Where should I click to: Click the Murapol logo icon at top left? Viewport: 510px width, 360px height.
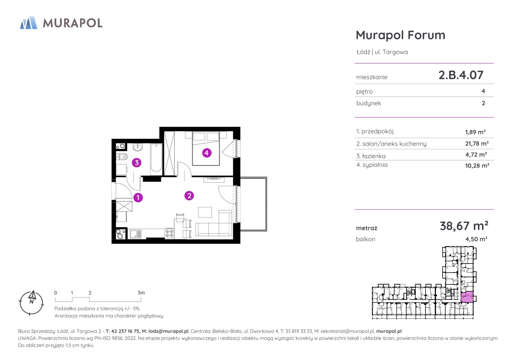[29, 23]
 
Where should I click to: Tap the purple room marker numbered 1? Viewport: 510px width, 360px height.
[138, 197]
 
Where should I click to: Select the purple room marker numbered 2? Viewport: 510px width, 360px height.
[189, 196]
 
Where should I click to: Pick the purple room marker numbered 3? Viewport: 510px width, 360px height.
[137, 163]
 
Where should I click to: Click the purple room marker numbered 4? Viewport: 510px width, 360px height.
[207, 153]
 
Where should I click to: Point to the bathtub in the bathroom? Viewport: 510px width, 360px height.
[156, 159]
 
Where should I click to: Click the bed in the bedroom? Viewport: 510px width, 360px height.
[206, 148]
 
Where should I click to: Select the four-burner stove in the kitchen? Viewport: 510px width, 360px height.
[169, 233]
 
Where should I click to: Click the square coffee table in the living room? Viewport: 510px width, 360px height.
[205, 212]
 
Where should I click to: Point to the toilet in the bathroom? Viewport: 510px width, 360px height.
[122, 157]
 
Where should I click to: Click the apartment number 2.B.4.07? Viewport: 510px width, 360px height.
[461, 75]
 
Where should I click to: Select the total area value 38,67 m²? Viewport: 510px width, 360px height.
[464, 226]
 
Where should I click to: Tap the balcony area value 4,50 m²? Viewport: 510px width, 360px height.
[476, 239]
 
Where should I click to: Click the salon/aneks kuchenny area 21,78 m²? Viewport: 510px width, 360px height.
[477, 144]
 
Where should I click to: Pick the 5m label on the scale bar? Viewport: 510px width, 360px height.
[141, 293]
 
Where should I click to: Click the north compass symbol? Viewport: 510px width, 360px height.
[31, 302]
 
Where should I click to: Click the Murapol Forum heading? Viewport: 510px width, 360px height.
[400, 35]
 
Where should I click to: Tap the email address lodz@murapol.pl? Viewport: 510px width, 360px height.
[169, 331]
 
